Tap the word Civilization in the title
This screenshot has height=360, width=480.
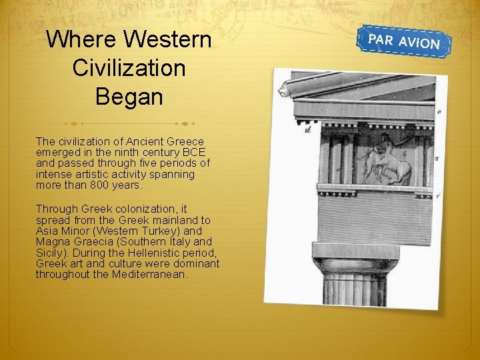(129, 68)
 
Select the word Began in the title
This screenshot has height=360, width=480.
(129, 97)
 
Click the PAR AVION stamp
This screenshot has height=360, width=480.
(404, 41)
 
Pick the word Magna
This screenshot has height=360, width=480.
(51, 242)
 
